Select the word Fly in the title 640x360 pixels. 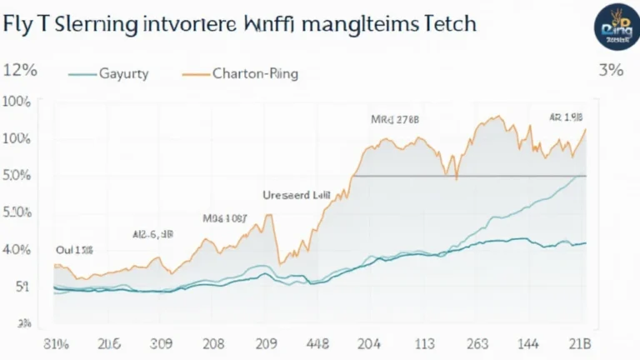(x=17, y=23)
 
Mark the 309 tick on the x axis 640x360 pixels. (x=162, y=343)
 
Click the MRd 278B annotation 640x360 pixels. (x=395, y=120)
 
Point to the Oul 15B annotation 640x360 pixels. (x=74, y=249)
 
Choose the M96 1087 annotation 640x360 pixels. (x=224, y=218)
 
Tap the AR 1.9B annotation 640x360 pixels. (x=565, y=117)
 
